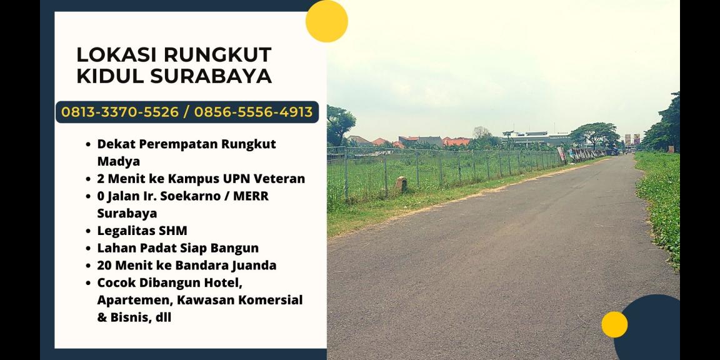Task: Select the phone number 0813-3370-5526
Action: [120, 112]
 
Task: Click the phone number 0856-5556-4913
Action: [253, 112]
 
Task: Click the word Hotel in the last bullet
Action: [222, 282]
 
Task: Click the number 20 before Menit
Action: [105, 265]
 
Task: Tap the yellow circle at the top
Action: [326, 21]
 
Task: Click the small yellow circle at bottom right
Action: [614, 324]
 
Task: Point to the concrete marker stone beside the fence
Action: [401, 184]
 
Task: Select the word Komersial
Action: [271, 300]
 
